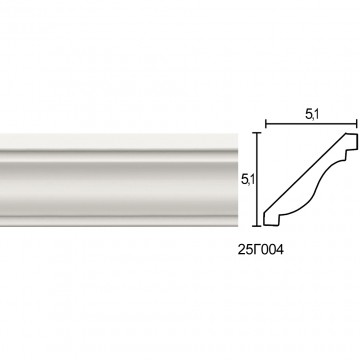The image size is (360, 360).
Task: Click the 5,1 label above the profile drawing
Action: click(312, 115)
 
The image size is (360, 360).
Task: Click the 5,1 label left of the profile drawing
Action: click(248, 180)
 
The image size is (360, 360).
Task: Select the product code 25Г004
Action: click(261, 250)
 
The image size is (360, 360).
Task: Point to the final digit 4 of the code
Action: click(280, 250)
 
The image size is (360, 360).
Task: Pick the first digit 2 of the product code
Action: click(242, 250)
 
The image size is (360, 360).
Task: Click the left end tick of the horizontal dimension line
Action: click(266, 124)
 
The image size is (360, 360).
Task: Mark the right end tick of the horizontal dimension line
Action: click(357, 124)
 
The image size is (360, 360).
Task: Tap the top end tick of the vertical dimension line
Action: click(256, 133)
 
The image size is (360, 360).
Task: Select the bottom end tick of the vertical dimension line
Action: click(256, 226)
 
